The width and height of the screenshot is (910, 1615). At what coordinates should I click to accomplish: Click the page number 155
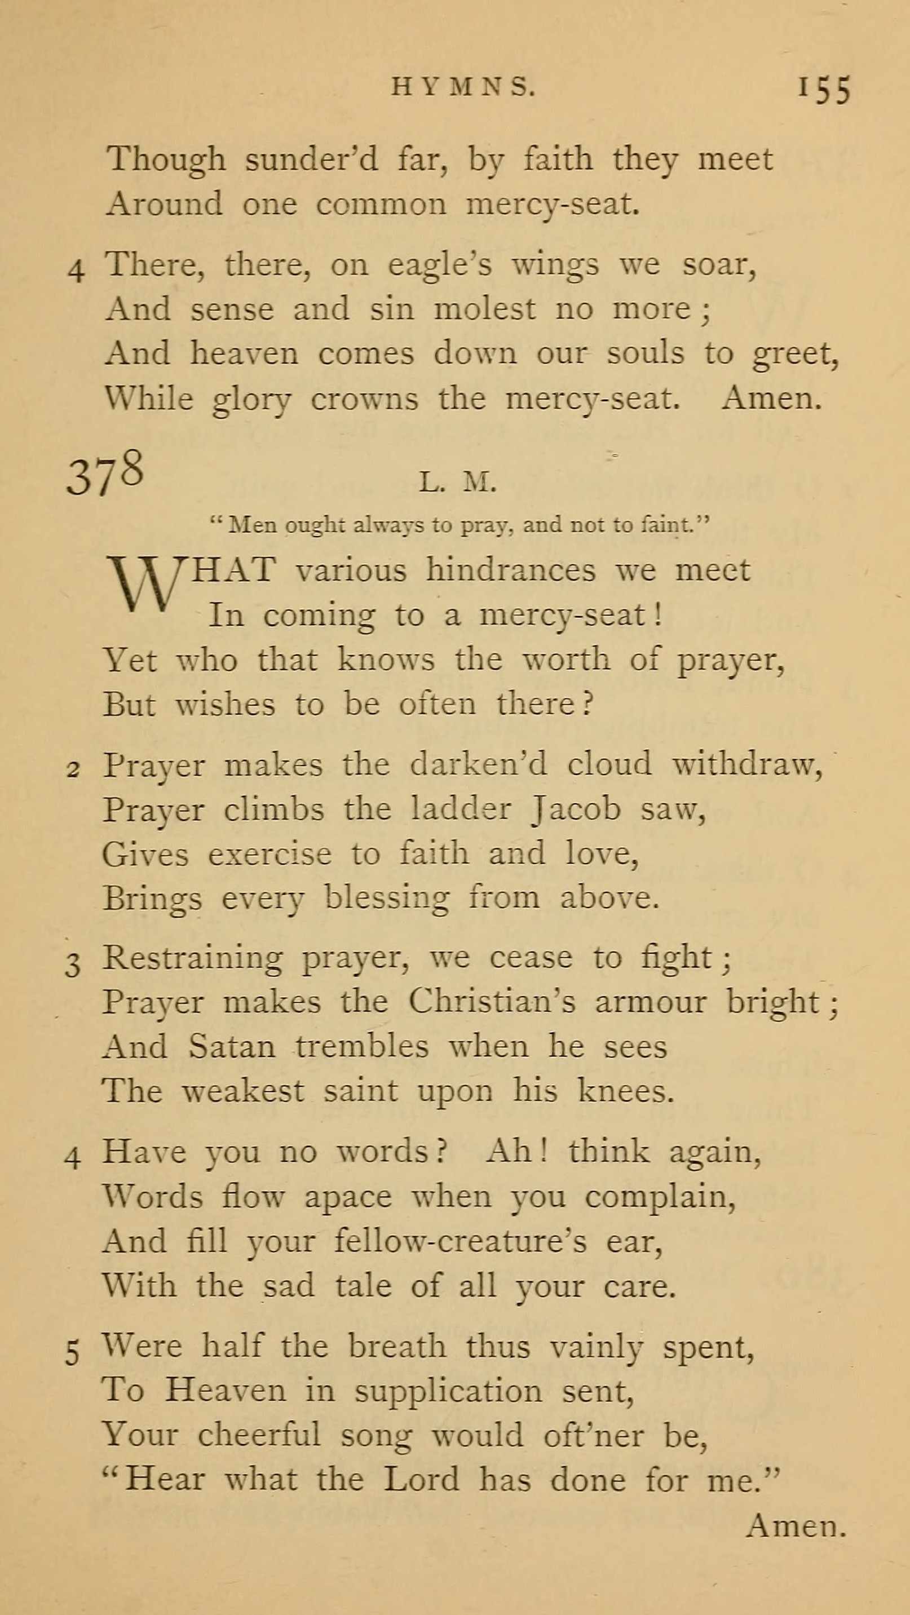(x=824, y=89)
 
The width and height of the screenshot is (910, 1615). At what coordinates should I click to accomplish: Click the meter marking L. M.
(x=457, y=483)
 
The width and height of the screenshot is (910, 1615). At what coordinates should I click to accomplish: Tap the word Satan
(x=231, y=1046)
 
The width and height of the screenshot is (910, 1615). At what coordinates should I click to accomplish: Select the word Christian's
(x=492, y=1001)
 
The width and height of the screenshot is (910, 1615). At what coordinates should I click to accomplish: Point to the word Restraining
(x=192, y=957)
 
